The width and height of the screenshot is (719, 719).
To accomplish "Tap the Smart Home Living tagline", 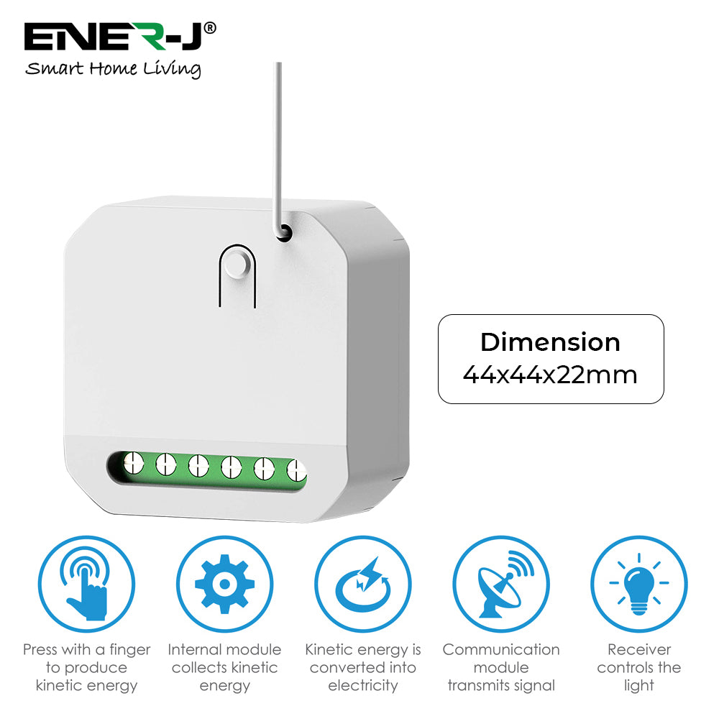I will [x=113, y=69].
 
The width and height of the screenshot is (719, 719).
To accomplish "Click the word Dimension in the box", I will [x=550, y=342].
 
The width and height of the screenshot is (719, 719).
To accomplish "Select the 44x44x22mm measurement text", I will [x=550, y=375].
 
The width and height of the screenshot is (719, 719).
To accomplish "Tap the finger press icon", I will [x=86, y=585].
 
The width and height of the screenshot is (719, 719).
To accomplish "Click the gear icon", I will [x=224, y=585].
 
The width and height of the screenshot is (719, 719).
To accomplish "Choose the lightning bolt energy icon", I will [x=362, y=585].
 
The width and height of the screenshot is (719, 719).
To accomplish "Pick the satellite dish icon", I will [x=501, y=585].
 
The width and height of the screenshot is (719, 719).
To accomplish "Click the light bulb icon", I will [x=639, y=585].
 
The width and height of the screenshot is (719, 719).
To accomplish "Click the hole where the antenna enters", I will [x=284, y=232].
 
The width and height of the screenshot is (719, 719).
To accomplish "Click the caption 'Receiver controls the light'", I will [x=639, y=667].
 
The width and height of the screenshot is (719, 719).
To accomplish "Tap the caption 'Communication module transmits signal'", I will [x=501, y=667].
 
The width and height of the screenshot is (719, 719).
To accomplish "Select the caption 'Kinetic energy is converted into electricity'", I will [x=362, y=667].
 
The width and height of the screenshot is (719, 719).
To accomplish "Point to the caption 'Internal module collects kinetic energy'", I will [x=224, y=667].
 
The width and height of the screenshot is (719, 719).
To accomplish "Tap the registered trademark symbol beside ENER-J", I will [x=210, y=27].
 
